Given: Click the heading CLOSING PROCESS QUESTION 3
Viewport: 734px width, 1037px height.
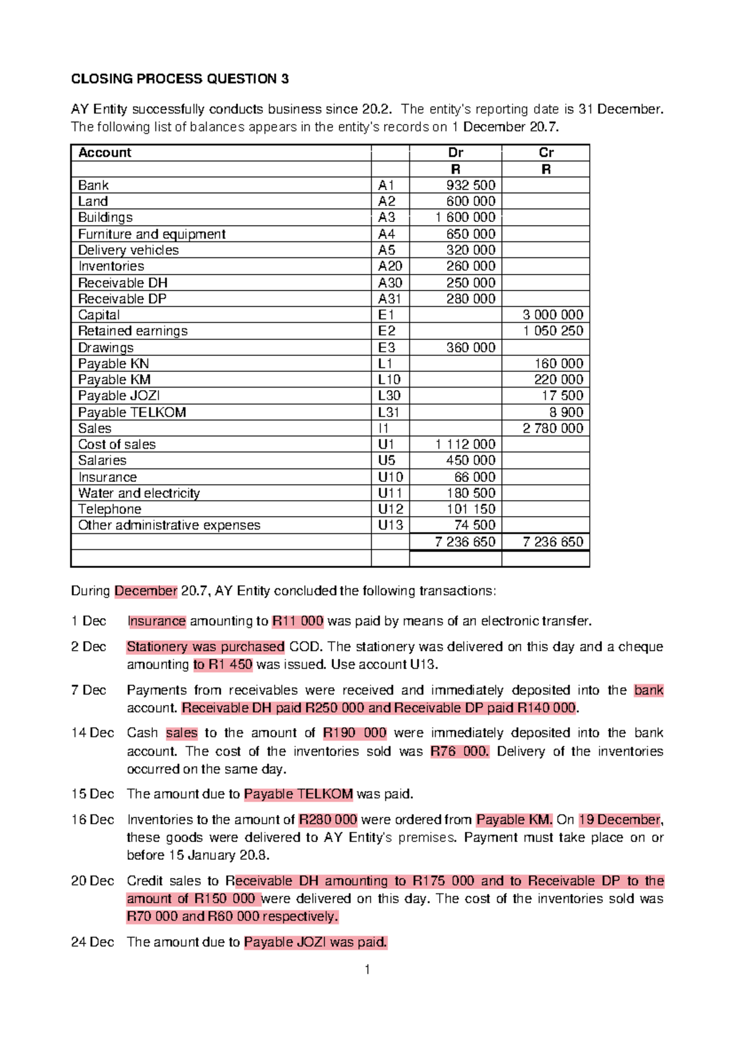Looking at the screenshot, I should click(x=180, y=79).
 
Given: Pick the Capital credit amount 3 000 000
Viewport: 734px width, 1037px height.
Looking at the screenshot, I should click(x=552, y=315).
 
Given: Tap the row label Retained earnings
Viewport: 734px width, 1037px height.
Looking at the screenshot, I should click(x=133, y=331).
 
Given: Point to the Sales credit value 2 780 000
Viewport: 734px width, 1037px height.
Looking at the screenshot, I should click(x=552, y=428).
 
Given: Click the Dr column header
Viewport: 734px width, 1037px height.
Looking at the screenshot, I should click(x=455, y=153).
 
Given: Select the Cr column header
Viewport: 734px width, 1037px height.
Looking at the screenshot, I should click(x=546, y=153).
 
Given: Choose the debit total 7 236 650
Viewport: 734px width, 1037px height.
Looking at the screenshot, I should click(x=465, y=542).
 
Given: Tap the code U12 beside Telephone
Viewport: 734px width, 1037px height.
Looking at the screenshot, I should click(x=390, y=509).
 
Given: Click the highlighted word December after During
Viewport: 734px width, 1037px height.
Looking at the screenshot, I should click(x=146, y=591).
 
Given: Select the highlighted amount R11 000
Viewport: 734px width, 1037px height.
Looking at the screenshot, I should click(x=298, y=621).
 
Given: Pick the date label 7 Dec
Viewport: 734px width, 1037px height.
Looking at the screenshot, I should click(x=89, y=690).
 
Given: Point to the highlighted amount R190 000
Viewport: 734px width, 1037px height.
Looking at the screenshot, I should click(x=355, y=733).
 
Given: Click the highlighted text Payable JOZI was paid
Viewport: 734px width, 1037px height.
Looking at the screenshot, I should click(x=316, y=942).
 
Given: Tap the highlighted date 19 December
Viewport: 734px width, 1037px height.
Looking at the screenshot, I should click(x=620, y=820).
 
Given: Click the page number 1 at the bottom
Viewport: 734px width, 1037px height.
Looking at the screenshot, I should click(x=367, y=969).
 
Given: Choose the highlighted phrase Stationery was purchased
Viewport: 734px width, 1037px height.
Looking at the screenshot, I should click(x=206, y=647).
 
